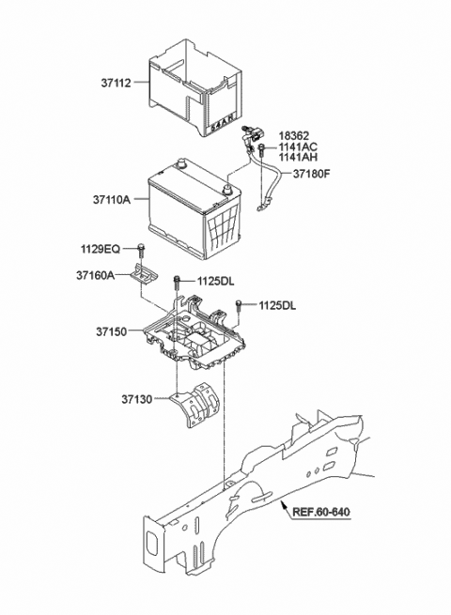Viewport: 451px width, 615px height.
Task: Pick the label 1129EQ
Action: (101, 249)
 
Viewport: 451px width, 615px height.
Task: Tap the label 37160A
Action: (96, 275)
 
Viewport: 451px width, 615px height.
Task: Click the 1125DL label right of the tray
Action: (278, 304)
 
